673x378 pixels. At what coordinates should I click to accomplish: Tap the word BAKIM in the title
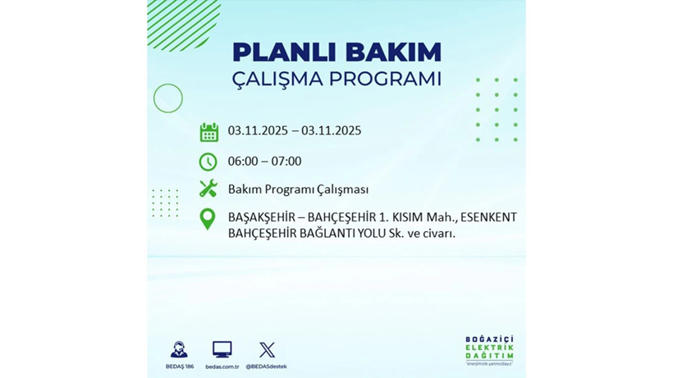392,52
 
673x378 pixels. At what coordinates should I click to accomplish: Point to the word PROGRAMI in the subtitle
385,80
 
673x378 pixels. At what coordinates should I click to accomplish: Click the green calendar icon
209,132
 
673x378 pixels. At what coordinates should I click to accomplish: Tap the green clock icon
208,162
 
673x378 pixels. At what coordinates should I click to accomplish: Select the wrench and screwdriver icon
208,189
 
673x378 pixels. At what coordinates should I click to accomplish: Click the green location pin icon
208,219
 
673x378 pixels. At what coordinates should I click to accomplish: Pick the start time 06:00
243,161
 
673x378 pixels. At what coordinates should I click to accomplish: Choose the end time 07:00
286,161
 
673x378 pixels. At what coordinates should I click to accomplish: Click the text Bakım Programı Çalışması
298,189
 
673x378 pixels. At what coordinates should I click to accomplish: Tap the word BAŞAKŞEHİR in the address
262,217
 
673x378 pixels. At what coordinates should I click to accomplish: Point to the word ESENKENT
489,217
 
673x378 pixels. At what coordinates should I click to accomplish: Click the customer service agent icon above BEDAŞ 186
179,350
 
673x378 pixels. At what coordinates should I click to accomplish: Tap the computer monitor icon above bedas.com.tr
222,350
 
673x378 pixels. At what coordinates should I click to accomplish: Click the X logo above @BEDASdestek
267,350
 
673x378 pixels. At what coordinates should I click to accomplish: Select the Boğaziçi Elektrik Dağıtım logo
489,351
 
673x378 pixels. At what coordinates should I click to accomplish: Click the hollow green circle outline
168,98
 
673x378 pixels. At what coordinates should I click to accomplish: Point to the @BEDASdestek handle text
267,367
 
